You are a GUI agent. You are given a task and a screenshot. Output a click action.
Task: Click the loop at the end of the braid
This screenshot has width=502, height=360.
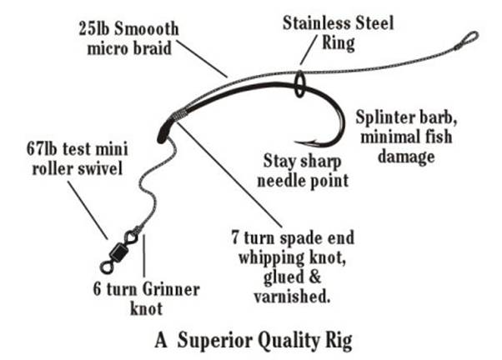(469, 38)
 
